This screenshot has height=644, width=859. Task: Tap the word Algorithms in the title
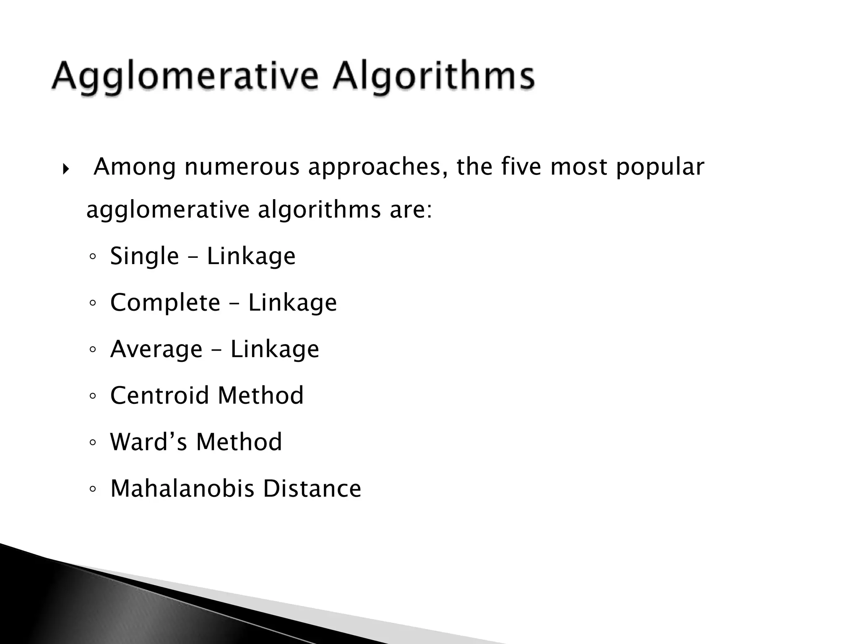click(434, 78)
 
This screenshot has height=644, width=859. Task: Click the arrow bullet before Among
click(65, 169)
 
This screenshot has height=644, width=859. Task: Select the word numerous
click(242, 167)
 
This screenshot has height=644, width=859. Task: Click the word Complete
click(165, 302)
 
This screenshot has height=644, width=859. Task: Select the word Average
click(156, 349)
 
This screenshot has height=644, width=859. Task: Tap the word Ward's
click(148, 442)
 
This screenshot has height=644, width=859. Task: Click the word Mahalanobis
click(182, 488)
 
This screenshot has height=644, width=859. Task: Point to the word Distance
click(312, 488)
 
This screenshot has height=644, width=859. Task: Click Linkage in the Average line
click(275, 349)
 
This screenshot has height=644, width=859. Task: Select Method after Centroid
click(260, 395)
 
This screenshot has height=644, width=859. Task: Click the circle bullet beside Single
click(93, 257)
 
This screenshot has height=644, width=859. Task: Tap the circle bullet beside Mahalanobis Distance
click(93, 489)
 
